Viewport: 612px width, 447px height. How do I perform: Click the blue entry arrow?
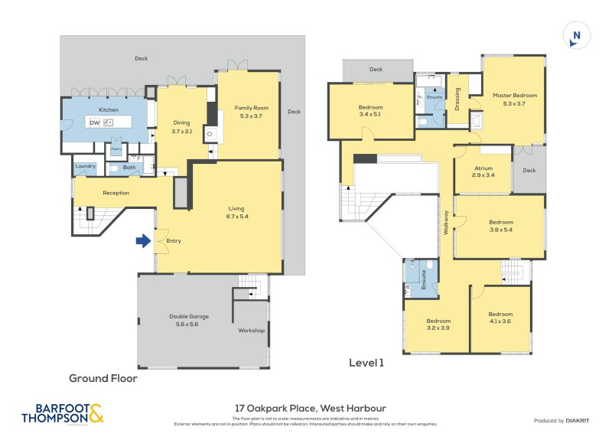click(142, 241)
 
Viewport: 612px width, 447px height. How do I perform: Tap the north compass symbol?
click(577, 36)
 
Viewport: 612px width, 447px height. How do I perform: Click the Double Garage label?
click(189, 315)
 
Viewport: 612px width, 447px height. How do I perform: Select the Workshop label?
click(251, 331)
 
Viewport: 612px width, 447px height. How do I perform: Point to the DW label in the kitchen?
click(94, 122)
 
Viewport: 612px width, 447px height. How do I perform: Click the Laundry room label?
click(85, 165)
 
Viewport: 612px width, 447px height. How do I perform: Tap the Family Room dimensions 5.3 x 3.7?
click(247, 116)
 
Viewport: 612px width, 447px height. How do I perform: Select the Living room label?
click(236, 207)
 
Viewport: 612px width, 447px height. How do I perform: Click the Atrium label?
click(483, 168)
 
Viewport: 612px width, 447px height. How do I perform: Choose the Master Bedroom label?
click(514, 95)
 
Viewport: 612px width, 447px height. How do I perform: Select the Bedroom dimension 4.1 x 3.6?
click(500, 321)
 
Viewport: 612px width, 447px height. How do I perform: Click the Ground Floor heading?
click(103, 377)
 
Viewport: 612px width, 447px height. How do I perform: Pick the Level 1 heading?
click(366, 363)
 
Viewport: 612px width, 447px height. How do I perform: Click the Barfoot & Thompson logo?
click(62, 413)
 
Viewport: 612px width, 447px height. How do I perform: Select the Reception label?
click(116, 193)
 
